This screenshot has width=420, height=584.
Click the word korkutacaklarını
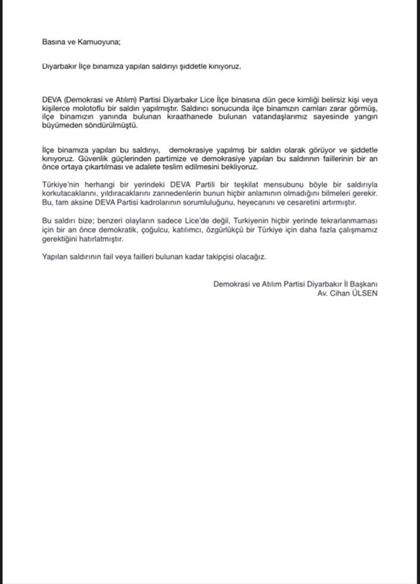pyautogui.click(x=69, y=194)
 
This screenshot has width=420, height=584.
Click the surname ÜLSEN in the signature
pyautogui.click(x=365, y=294)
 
